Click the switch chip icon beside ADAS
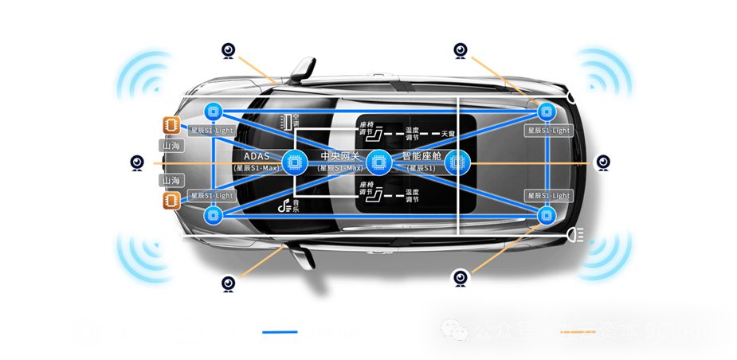pyautogui.click(x=294, y=162)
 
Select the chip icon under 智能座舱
pyautogui.click(x=457, y=162)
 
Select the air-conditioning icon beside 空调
pyautogui.click(x=283, y=121)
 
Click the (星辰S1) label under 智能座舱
pyautogui.click(x=420, y=168)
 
